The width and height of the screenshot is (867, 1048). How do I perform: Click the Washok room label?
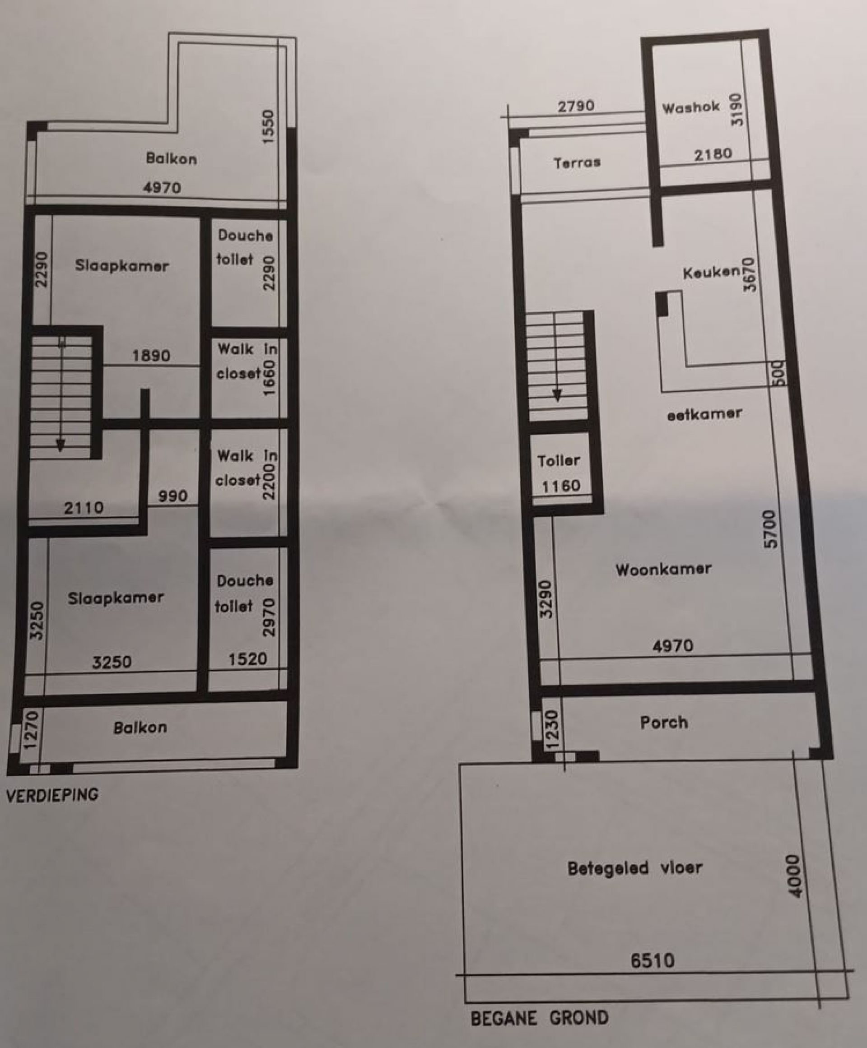[691, 107]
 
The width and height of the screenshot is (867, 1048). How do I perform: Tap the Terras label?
[577, 162]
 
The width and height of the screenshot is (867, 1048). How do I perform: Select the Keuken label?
[711, 273]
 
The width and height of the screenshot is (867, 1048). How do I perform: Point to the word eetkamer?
[704, 414]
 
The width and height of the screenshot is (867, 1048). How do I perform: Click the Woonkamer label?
[663, 570]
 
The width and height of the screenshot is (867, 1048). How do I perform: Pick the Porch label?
[664, 722]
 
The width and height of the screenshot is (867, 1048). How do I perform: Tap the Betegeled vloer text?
[635, 868]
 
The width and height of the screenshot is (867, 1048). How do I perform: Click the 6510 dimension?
[652, 960]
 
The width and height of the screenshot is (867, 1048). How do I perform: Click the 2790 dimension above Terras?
[576, 106]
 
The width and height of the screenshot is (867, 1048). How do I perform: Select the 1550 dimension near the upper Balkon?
[268, 127]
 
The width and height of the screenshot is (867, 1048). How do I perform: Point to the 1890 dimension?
[151, 356]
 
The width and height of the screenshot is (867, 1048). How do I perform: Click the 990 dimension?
[173, 496]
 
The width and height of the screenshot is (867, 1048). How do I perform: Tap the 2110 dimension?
[84, 508]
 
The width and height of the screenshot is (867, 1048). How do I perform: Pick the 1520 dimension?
[248, 659]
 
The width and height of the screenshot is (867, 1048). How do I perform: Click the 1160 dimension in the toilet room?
[561, 486]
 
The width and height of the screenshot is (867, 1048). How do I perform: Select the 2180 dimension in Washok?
[713, 154]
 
